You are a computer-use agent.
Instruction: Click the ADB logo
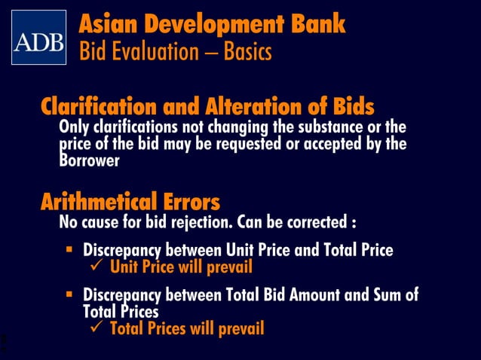[38, 38]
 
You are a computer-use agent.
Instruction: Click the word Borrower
[89, 161]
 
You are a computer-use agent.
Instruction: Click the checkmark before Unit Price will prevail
[97, 267]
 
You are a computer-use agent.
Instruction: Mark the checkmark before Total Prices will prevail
[97, 328]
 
